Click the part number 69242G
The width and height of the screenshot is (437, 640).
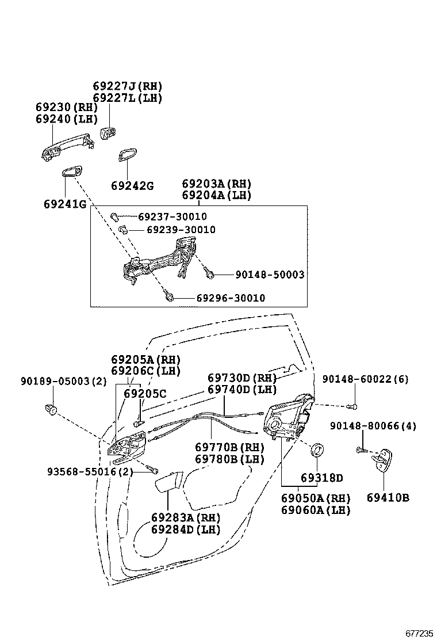[132, 186]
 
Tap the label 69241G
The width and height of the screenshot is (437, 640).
[64, 204]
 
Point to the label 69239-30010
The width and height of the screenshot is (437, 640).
[181, 230]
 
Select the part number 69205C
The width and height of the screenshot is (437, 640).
[145, 394]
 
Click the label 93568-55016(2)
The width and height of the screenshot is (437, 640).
[90, 472]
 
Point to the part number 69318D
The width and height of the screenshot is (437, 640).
[321, 478]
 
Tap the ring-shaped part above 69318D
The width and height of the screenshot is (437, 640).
[317, 449]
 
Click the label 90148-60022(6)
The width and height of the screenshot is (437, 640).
[365, 379]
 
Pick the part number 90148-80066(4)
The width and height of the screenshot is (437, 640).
[373, 426]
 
